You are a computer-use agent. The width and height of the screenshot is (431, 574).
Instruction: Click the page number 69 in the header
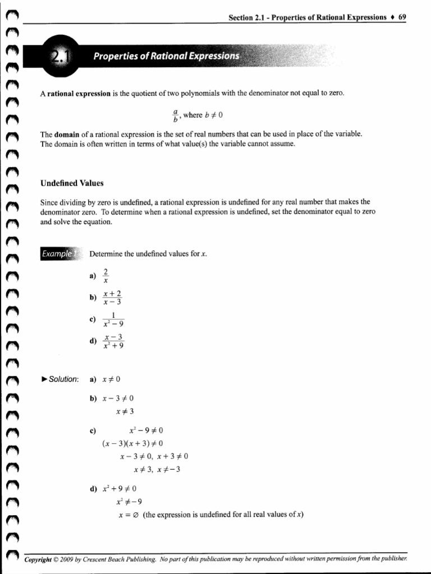click(402, 17)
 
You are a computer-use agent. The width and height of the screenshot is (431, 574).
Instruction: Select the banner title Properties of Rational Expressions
click(166, 56)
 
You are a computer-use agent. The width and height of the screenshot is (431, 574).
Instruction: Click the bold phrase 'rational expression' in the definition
click(79, 94)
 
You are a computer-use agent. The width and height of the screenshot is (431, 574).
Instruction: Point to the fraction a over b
click(175, 115)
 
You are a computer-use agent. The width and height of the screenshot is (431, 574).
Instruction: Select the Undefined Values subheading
click(72, 183)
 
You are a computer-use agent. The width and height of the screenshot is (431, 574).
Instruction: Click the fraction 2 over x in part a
click(106, 276)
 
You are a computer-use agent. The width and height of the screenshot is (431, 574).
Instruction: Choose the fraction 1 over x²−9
click(113, 319)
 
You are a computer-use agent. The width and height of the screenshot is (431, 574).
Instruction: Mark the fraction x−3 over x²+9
click(113, 341)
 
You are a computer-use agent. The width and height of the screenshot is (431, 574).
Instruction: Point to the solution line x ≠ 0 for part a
click(111, 379)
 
